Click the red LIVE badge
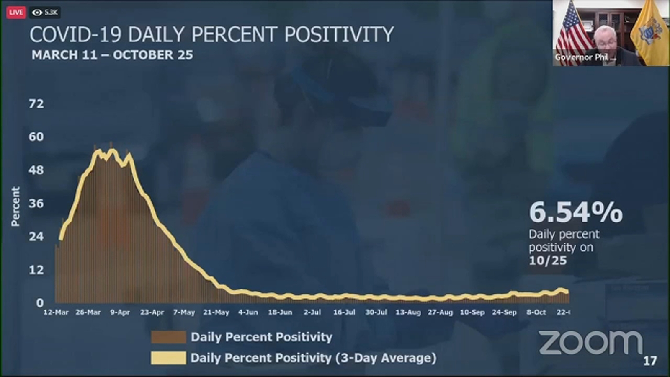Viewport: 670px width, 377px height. tap(16, 13)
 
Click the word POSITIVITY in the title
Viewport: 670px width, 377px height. tap(339, 35)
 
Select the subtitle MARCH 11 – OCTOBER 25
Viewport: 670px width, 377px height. tap(112, 55)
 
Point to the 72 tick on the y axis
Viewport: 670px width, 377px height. tap(36, 104)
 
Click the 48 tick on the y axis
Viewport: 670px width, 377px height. tap(36, 170)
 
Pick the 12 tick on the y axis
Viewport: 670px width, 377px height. tap(36, 270)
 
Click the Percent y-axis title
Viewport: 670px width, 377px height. tap(15, 207)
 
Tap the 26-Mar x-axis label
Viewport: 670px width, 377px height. tap(88, 312)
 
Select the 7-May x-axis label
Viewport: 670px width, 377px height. tap(184, 312)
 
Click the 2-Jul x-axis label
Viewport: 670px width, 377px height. tap(312, 312)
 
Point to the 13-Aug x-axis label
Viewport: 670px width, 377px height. tap(408, 312)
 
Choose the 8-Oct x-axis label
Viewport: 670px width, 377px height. tap(536, 312)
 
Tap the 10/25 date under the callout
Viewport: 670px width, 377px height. tap(548, 261)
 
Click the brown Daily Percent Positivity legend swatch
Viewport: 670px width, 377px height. tap(168, 337)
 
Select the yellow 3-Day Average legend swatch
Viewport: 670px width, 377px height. tap(168, 358)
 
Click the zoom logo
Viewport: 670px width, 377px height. tap(590, 343)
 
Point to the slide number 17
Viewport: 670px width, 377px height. tap(650, 361)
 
